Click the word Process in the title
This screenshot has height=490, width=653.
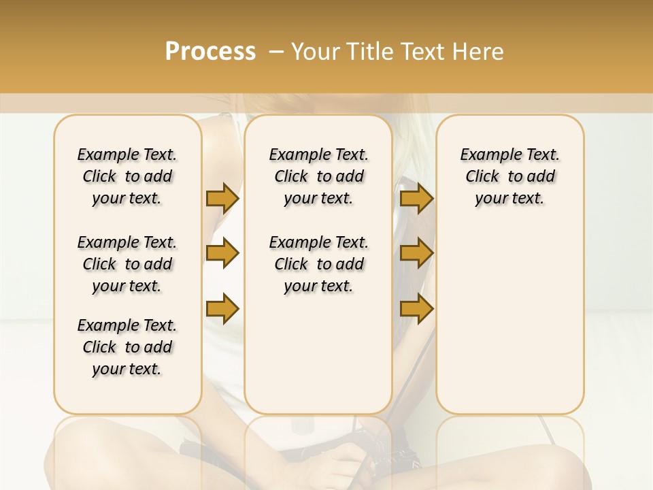pos(210,51)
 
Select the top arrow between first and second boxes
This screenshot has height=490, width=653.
pos(222,199)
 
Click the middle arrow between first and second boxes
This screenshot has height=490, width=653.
pos(222,254)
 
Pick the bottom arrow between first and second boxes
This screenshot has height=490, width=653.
pos(222,308)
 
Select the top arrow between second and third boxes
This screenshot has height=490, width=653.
pos(416,199)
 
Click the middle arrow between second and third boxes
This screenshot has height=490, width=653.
pos(416,254)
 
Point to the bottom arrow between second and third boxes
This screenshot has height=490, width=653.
pos(416,308)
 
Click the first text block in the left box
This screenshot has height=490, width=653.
pos(127,176)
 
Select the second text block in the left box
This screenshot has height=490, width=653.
pos(127,264)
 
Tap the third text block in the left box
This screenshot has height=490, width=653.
pos(127,347)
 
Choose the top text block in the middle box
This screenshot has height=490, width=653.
pos(318,176)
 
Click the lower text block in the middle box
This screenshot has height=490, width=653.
pos(318,264)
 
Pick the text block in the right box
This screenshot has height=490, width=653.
pos(509,176)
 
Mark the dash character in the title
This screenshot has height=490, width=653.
pos(275,52)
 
